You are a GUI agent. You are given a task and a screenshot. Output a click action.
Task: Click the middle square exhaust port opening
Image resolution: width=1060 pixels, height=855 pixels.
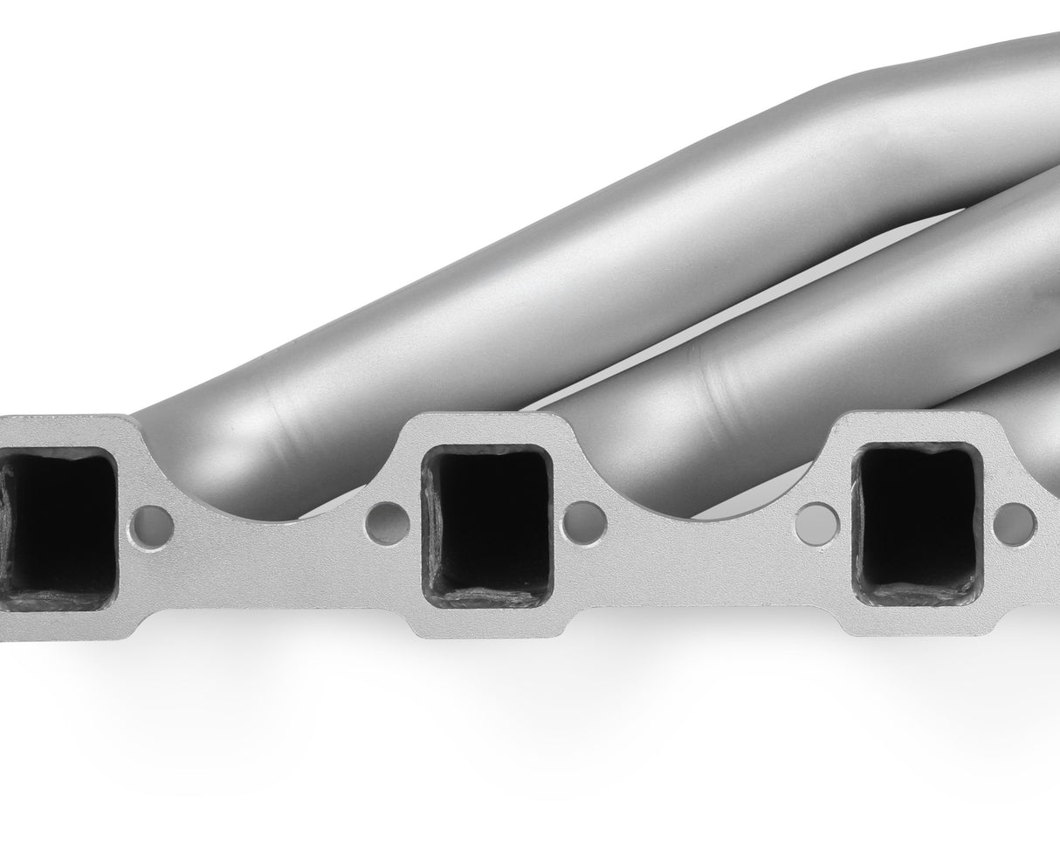click(x=486, y=524)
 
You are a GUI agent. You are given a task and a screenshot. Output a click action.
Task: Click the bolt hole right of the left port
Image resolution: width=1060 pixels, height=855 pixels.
click(x=154, y=526)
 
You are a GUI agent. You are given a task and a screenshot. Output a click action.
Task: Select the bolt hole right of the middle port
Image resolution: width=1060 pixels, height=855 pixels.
click(x=584, y=523)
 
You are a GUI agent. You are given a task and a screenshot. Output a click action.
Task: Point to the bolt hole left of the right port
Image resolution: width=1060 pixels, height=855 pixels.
click(x=817, y=522)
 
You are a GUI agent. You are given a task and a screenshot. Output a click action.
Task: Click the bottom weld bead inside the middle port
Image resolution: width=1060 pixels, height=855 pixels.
click(x=487, y=596)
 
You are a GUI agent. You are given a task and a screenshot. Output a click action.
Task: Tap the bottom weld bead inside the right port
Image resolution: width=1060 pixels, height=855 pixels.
click(x=917, y=595)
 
